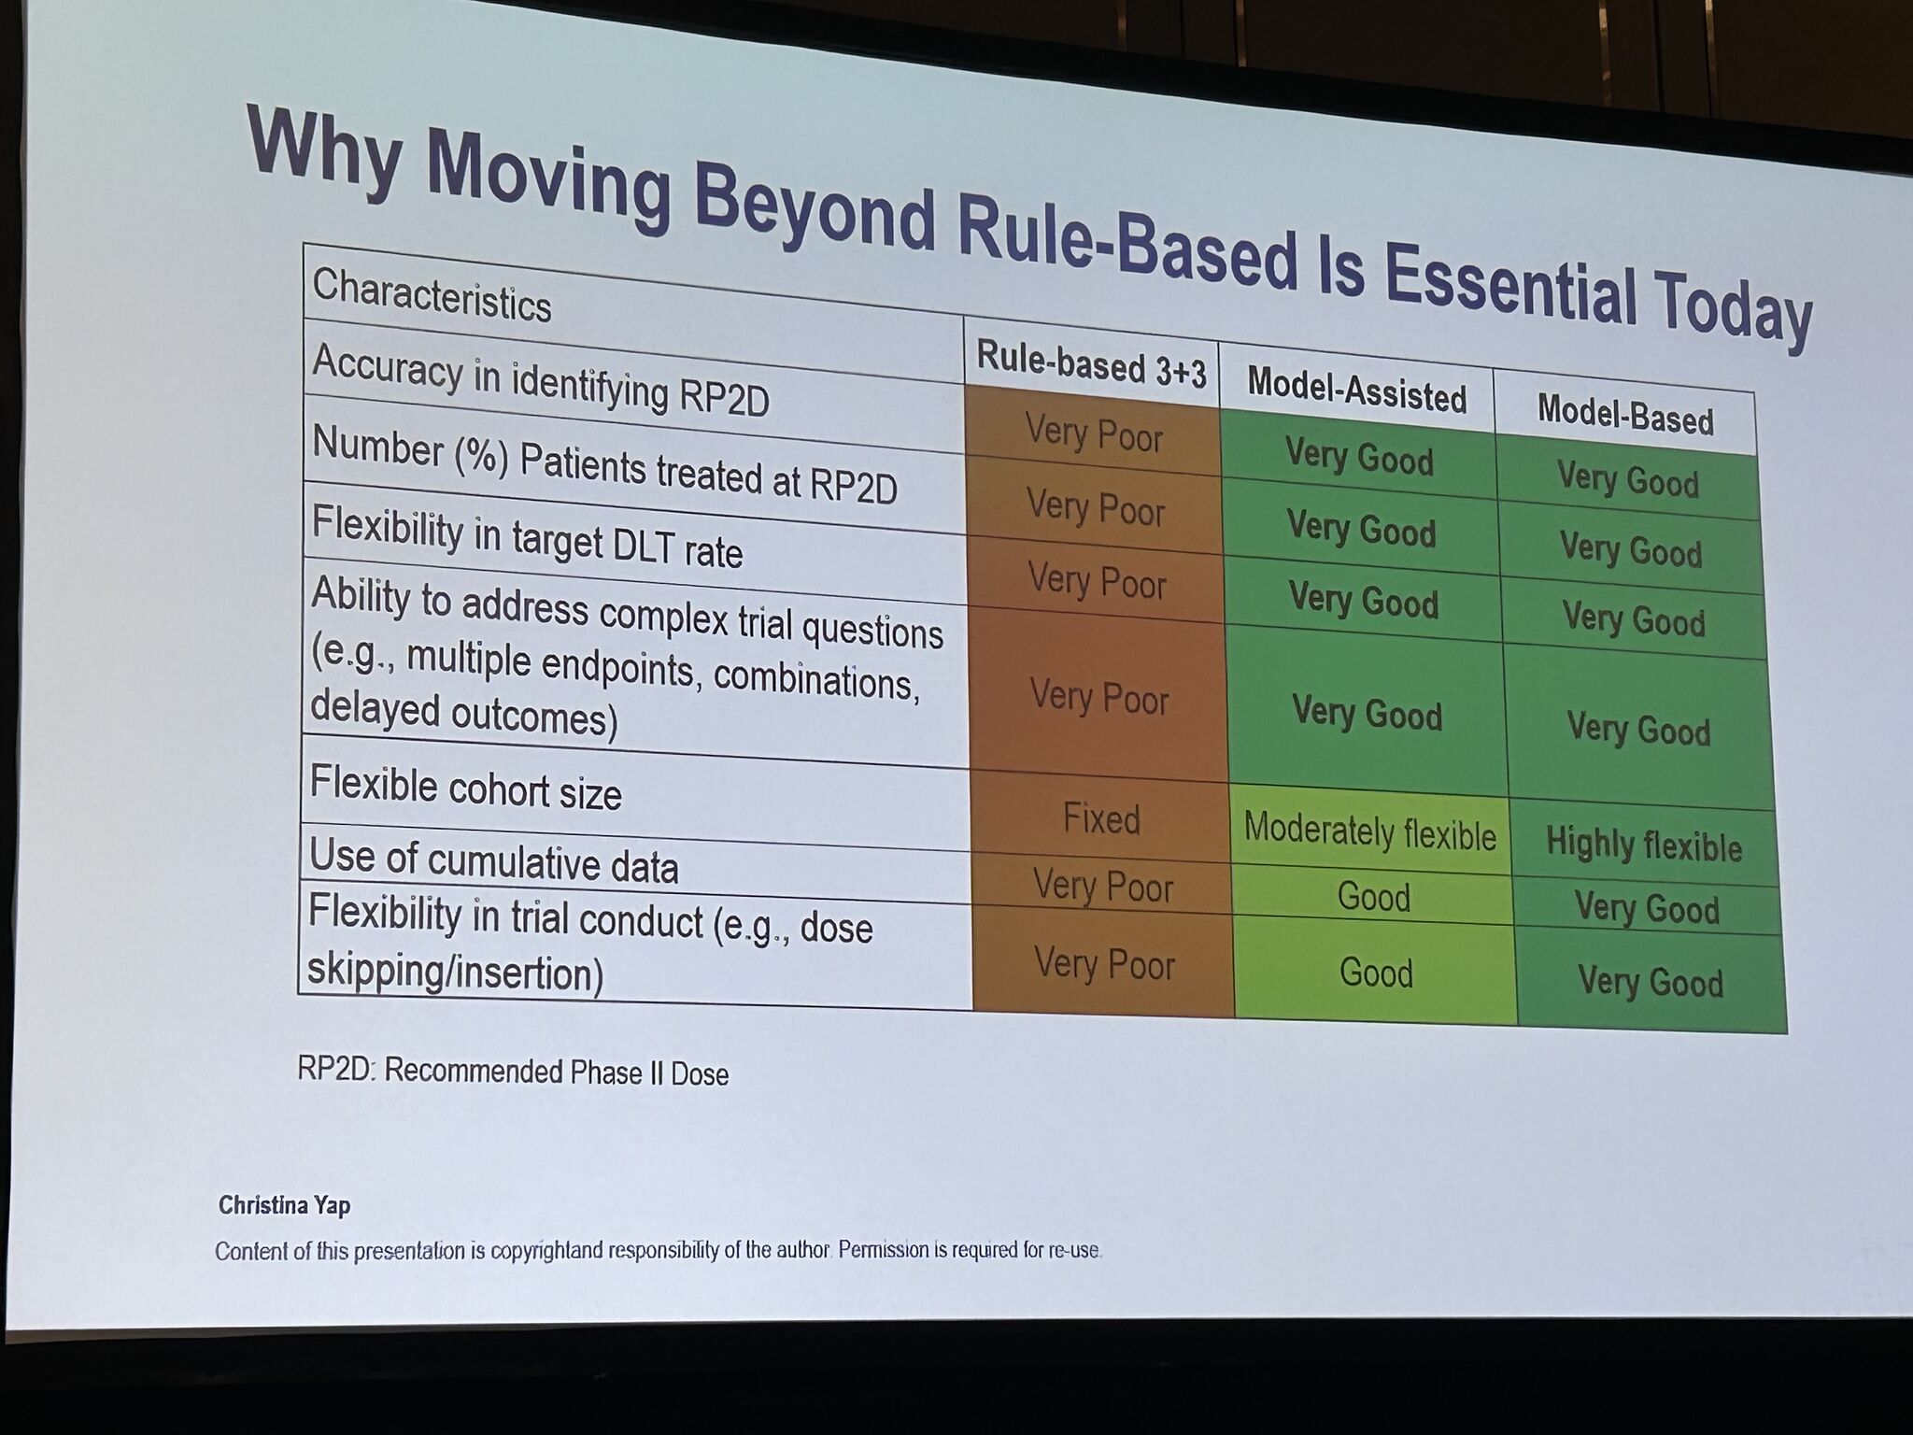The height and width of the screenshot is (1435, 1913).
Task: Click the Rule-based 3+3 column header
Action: [x=1091, y=362]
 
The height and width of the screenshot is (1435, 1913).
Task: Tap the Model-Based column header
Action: [x=1625, y=414]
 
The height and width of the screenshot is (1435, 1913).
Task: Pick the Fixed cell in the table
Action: [x=1101, y=818]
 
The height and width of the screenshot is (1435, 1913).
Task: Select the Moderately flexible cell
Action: [x=1369, y=831]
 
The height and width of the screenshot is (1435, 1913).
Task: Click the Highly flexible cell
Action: [x=1644, y=844]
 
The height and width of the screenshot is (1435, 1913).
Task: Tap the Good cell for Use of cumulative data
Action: [x=1373, y=896]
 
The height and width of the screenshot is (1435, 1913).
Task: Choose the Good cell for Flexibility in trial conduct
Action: [x=1376, y=973]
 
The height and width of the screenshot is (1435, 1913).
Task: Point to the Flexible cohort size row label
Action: [x=465, y=788]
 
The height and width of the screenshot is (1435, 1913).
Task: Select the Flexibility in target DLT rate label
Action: [x=527, y=535]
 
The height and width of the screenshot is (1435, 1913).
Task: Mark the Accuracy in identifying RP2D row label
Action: [x=541, y=378]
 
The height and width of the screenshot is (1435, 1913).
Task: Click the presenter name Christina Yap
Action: [x=285, y=1205]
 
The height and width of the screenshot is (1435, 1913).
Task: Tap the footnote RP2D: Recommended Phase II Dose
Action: [x=513, y=1071]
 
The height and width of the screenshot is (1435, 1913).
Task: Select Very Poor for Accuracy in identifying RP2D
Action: [x=1094, y=433]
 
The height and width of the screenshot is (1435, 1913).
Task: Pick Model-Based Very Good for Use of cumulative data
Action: [x=1647, y=907]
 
